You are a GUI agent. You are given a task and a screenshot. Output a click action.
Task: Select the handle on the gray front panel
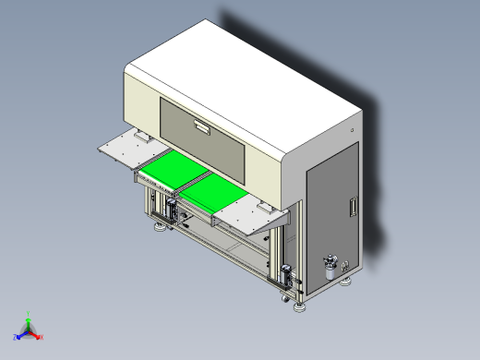pyautogui.click(x=202, y=126)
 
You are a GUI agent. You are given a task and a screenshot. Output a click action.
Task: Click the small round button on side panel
pyautogui.click(x=353, y=130)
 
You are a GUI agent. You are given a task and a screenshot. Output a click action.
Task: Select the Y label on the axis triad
pyautogui.click(x=29, y=313)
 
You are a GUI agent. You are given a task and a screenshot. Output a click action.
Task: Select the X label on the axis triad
pyautogui.click(x=42, y=336)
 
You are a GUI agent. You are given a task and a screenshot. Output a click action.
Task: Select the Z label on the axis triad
pyautogui.click(x=15, y=336)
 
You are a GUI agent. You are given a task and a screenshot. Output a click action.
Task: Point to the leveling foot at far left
pyautogui.click(x=158, y=224)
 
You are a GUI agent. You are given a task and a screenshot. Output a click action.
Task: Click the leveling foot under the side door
pyautogui.click(x=348, y=282)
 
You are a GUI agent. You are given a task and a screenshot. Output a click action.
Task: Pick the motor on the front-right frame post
pyautogui.click(x=286, y=275)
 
